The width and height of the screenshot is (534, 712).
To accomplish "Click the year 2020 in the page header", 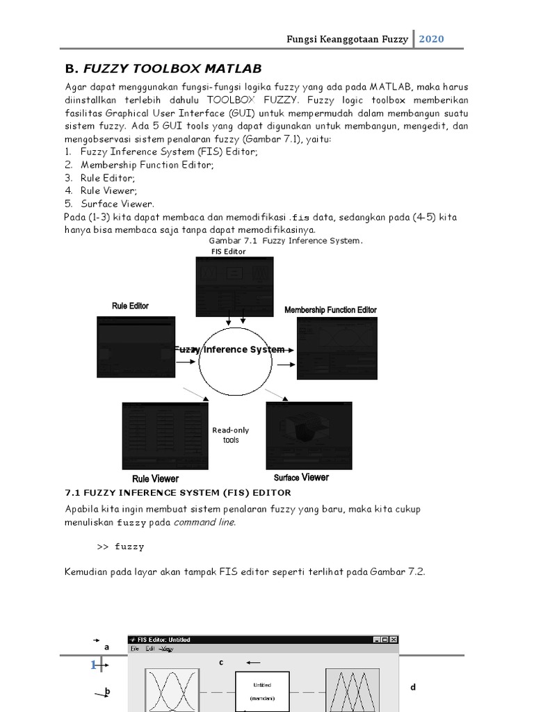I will (x=431, y=39).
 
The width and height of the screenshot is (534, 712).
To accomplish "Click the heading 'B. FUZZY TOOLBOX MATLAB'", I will (x=163, y=68).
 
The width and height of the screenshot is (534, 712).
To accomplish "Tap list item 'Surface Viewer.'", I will (x=117, y=204).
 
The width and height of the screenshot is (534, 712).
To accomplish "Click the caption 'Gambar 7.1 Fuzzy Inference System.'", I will (x=281, y=241).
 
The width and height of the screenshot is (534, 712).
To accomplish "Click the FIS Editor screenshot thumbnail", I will (x=234, y=286).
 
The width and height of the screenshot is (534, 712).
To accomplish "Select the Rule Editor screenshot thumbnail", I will (x=136, y=348).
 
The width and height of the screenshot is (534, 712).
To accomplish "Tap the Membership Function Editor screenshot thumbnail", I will (x=337, y=348).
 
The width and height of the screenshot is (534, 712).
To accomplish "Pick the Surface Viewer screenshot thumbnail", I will (x=308, y=435).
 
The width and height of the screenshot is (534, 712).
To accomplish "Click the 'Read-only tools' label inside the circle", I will (x=230, y=435).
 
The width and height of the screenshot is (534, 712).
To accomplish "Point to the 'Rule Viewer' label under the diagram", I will (x=155, y=479).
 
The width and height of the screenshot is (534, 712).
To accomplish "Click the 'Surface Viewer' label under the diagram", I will (x=301, y=478).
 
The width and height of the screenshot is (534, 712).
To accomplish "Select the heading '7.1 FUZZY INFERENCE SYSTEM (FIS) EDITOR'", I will (x=178, y=493).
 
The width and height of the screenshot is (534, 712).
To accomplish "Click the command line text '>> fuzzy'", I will (x=120, y=547).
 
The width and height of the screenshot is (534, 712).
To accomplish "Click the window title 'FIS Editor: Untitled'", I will (x=164, y=640).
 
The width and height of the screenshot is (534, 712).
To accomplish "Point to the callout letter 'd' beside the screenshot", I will (x=412, y=687).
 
